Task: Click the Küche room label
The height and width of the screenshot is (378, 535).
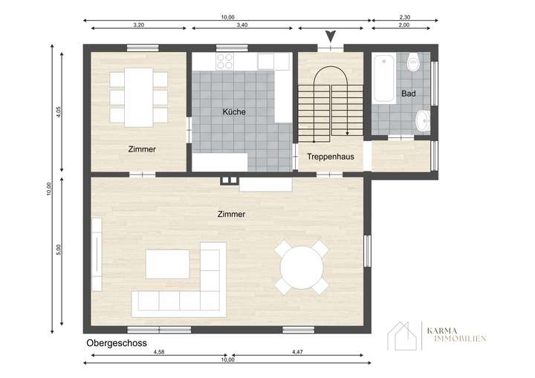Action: point(234,112)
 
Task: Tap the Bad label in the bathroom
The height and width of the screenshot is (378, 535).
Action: point(408,94)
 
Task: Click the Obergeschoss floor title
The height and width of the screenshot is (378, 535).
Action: point(116,343)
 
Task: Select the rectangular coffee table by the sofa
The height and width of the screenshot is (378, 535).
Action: point(167,264)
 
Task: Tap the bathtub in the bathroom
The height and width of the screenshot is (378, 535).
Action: point(383,78)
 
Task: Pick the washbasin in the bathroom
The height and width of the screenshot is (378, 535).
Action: point(422,120)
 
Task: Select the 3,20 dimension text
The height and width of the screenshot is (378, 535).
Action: point(138,25)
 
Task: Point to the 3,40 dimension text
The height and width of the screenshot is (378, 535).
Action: point(241,25)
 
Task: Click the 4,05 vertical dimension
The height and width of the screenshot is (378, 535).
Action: point(58,112)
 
